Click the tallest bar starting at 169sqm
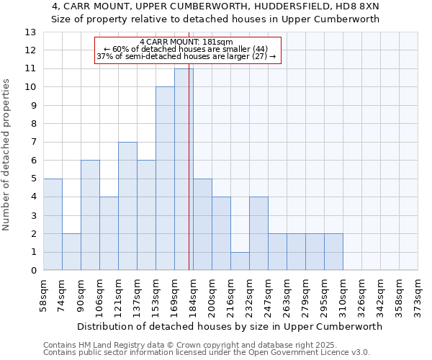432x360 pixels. coord(184,169)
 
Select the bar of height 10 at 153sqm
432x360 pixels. coord(165,179)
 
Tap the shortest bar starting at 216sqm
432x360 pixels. coord(240,261)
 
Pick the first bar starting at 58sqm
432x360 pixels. coord(53,225)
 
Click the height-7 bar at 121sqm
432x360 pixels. coord(127,206)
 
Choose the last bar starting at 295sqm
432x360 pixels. coord(333,252)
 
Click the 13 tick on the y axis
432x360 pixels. coord(30,32)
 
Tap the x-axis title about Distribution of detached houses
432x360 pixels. coord(229,326)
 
